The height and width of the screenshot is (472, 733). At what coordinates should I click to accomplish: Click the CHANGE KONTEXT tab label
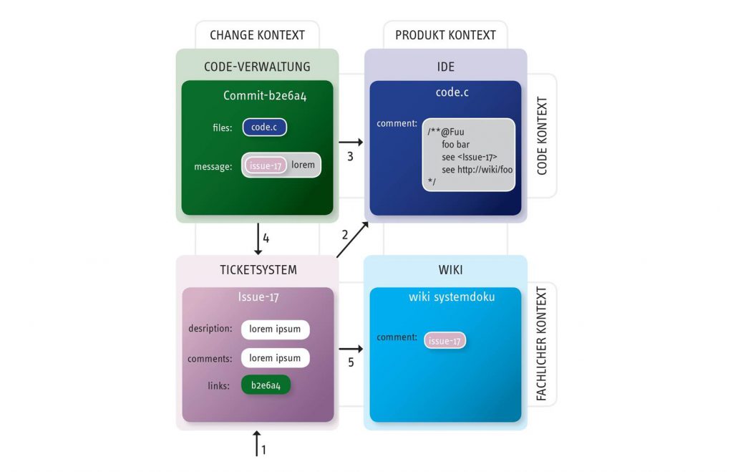(x=257, y=35)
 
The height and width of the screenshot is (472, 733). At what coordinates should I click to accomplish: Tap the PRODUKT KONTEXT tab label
(x=445, y=35)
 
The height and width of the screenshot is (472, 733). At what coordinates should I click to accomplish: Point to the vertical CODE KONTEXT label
(x=542, y=136)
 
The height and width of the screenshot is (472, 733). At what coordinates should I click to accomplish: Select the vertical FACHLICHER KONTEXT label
(x=542, y=344)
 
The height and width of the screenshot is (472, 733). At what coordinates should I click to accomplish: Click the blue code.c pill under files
(x=265, y=127)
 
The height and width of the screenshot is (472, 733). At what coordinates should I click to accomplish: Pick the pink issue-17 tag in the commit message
(x=266, y=165)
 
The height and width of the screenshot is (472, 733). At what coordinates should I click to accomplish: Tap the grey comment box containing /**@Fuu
(x=469, y=155)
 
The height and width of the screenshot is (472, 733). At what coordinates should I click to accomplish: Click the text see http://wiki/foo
(x=477, y=170)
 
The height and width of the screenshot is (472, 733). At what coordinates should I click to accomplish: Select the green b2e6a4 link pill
(x=266, y=385)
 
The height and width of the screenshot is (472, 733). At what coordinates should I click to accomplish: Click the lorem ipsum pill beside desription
(x=275, y=329)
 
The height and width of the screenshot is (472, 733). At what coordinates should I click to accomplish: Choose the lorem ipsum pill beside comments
(x=275, y=357)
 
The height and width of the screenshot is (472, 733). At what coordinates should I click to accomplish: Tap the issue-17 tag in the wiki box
(x=445, y=341)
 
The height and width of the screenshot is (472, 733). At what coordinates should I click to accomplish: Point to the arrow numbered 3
(x=351, y=143)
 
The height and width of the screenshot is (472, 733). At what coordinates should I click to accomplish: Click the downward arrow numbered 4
(x=258, y=239)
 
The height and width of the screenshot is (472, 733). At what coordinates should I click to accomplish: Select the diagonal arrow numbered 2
(x=352, y=239)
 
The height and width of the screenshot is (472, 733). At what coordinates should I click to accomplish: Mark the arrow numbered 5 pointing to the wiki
(x=351, y=349)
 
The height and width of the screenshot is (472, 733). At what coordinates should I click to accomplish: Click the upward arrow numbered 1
(x=256, y=443)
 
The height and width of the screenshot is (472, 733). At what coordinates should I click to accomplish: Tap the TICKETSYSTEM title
(x=258, y=270)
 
